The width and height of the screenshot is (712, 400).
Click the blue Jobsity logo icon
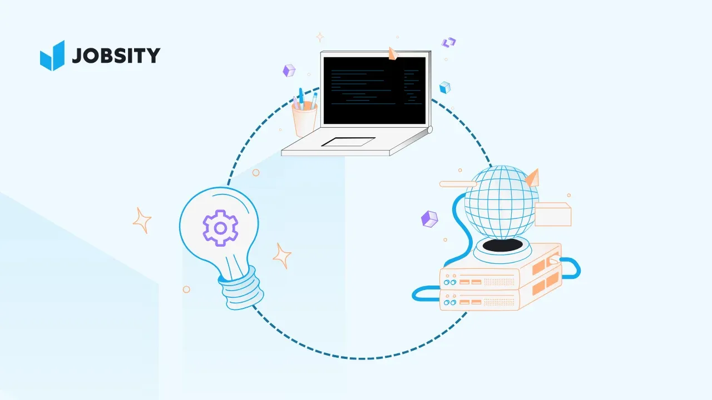click(x=52, y=56)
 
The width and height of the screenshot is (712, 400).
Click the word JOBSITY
click(x=116, y=56)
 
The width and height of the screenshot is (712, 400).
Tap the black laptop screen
click(x=374, y=90)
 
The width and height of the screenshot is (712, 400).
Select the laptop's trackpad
click(x=348, y=142)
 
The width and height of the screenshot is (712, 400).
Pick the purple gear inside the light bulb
click(x=220, y=228)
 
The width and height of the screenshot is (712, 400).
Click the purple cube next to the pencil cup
click(x=289, y=71)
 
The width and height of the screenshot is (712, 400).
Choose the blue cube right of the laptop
click(x=444, y=88)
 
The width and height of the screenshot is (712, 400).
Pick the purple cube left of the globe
click(x=429, y=219)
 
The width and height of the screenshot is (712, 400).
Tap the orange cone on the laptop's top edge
click(x=393, y=53)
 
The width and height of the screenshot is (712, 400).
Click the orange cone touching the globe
click(x=532, y=178)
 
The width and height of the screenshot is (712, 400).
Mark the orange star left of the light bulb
click(x=142, y=220)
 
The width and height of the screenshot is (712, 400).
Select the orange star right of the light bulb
click(x=282, y=256)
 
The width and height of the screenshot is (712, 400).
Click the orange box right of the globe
click(x=552, y=214)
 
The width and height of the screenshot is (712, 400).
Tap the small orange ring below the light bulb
click(x=186, y=289)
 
